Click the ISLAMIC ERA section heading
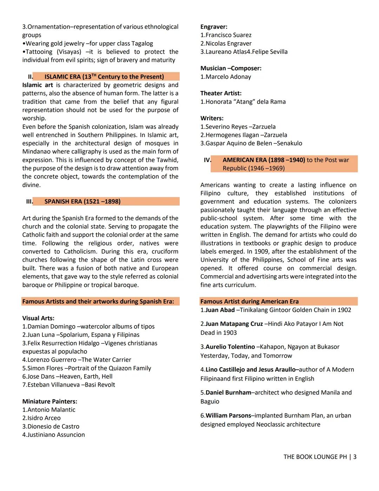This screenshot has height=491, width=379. [104, 77]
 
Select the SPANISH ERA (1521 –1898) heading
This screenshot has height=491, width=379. [82, 201]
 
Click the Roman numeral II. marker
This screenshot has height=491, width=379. [31, 77]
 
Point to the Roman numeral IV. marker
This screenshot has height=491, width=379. [207, 160]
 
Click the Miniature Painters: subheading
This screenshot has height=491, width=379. [49, 401]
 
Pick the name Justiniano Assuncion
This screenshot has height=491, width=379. [56, 435]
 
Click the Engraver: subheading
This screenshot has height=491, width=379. [214, 27]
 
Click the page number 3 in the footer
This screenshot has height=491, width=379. [355, 457]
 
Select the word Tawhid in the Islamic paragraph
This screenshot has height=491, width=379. [167, 160]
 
